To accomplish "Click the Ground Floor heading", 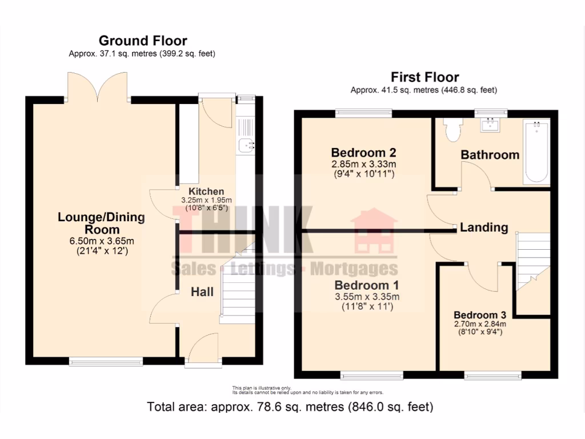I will tap(142, 41).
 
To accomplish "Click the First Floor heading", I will tap(424, 77).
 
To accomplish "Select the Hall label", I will tap(202, 292).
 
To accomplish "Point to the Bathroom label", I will tap(490, 154).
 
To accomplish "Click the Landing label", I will tap(484, 228).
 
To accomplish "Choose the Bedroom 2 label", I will tap(363, 153).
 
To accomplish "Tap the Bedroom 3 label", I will tap(480, 315).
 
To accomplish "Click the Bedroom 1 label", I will tap(367, 285).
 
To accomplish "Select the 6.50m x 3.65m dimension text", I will tap(101, 241).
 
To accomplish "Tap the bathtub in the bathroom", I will tap(536, 151).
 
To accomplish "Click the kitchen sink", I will tap(247, 145).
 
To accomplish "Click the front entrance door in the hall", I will tap(203, 350).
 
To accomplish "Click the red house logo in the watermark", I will tap(374, 232).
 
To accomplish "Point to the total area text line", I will tap(290, 407).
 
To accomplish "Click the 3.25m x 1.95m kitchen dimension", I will tap(206, 200).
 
